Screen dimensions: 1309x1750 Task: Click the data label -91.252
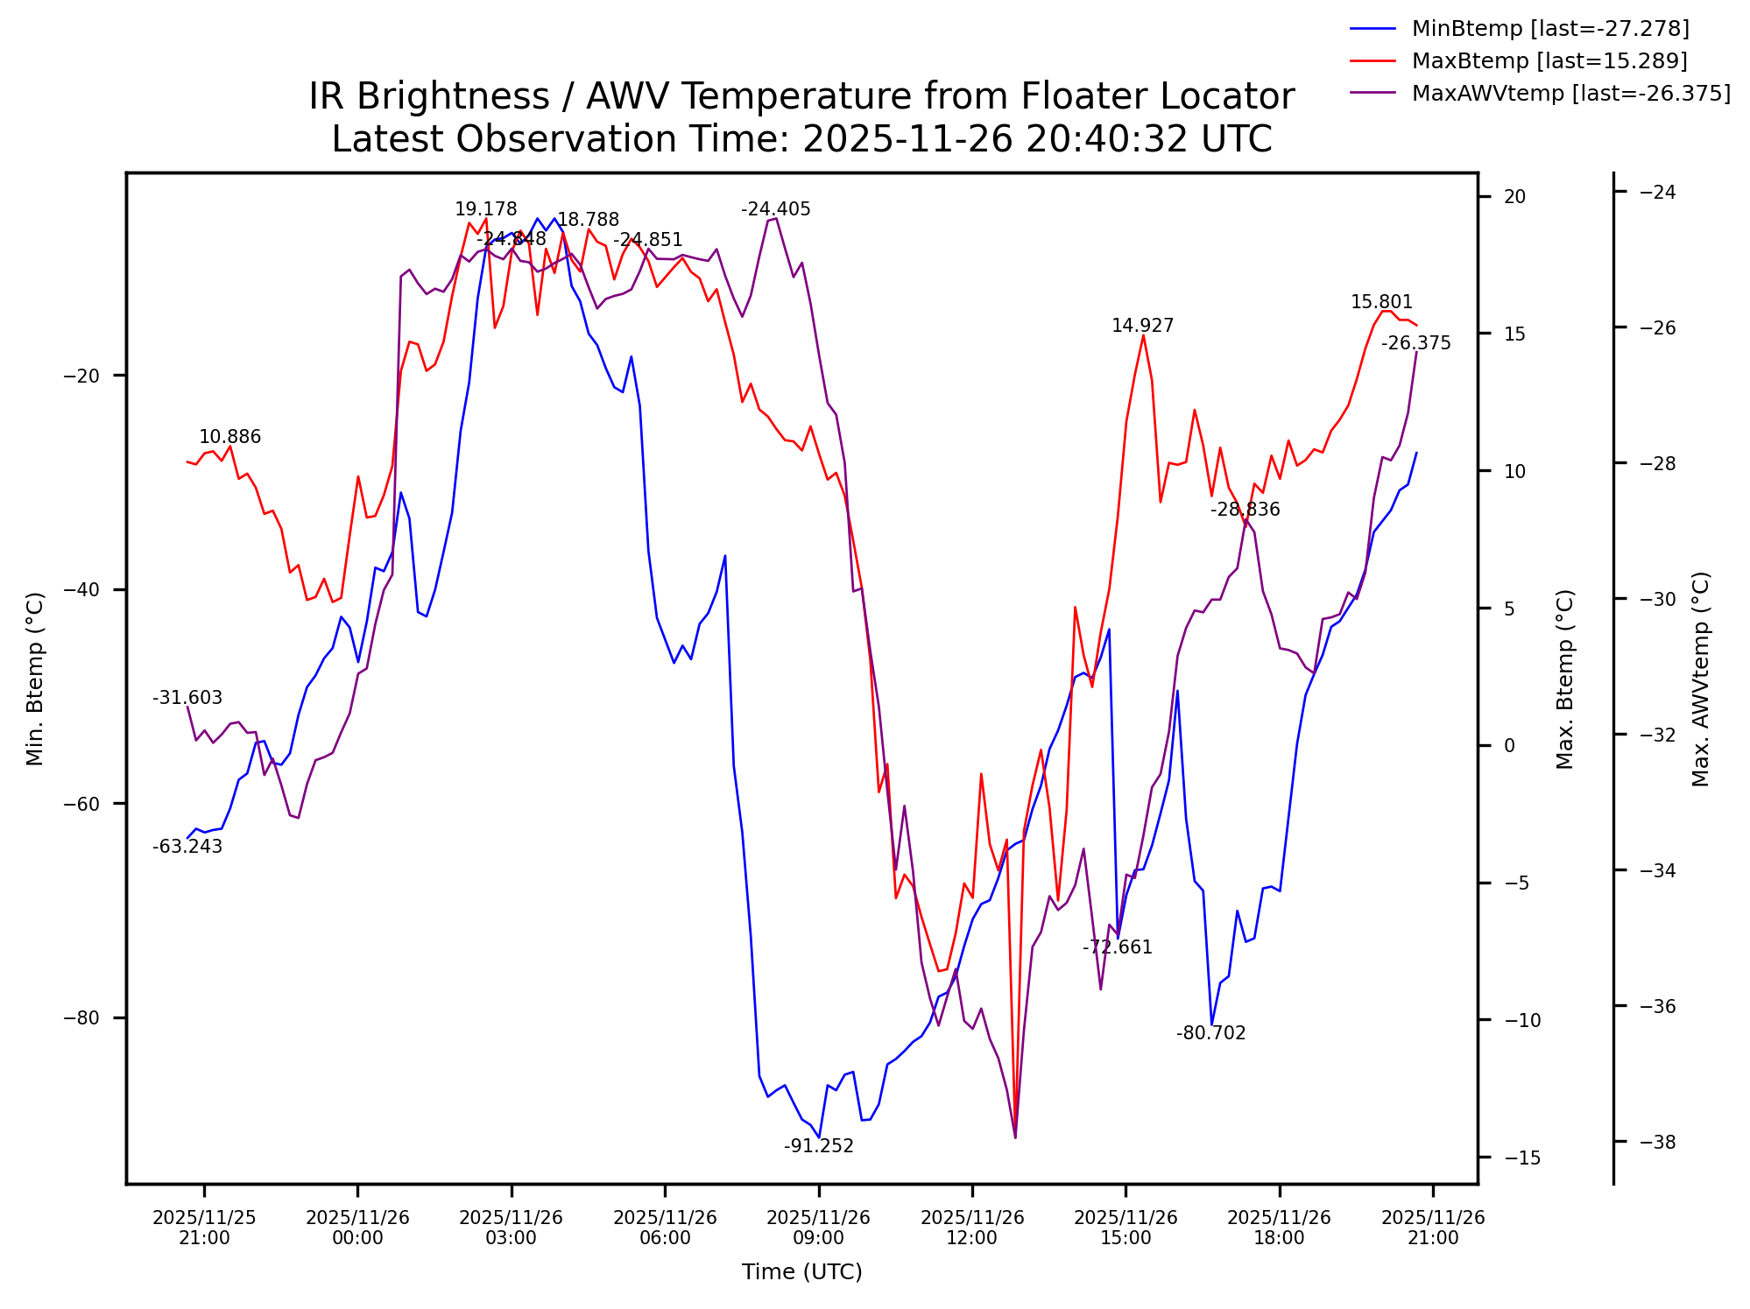pyautogui.click(x=818, y=1146)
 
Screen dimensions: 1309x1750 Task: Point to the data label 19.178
pyautogui.click(x=485, y=209)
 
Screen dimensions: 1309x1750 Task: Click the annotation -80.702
pyautogui.click(x=1210, y=1033)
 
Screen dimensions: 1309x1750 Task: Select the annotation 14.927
pyautogui.click(x=1142, y=326)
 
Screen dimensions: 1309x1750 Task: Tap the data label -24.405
pyautogui.click(x=775, y=209)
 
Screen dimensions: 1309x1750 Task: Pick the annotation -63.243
pyautogui.click(x=187, y=847)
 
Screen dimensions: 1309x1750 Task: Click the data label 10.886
pyautogui.click(x=229, y=437)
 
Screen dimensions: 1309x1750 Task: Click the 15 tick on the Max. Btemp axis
pyautogui.click(x=1514, y=334)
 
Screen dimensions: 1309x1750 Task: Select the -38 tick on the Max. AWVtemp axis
pyautogui.click(x=1656, y=1142)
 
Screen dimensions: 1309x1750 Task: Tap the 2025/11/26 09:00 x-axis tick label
pyautogui.click(x=818, y=1228)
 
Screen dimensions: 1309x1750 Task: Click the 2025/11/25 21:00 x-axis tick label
pyautogui.click(x=204, y=1228)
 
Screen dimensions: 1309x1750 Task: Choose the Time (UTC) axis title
pyautogui.click(x=801, y=1272)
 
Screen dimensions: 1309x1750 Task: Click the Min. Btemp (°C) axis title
pyautogui.click(x=35, y=679)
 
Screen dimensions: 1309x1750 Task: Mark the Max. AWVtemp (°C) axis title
pyautogui.click(x=1700, y=679)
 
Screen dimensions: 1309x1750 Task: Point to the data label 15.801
pyautogui.click(x=1381, y=302)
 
